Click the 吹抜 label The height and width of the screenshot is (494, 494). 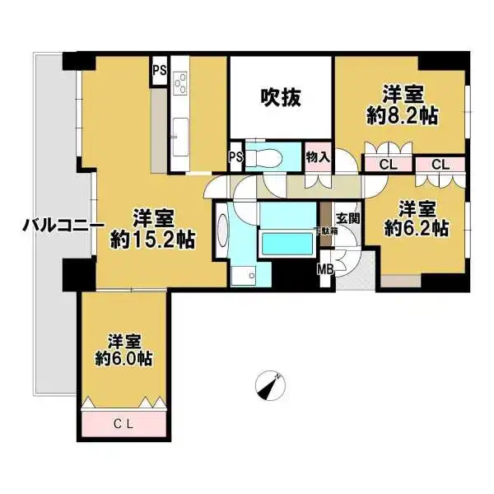(x=281, y=97)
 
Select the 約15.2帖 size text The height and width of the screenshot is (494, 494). (x=152, y=240)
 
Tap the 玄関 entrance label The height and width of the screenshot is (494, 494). (x=347, y=218)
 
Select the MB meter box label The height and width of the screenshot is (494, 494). (x=326, y=268)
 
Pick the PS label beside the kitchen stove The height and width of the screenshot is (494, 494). (x=159, y=71)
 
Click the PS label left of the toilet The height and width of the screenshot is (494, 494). (x=235, y=156)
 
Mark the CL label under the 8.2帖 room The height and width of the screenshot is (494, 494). (x=384, y=165)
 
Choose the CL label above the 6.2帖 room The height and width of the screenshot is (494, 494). (x=440, y=165)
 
